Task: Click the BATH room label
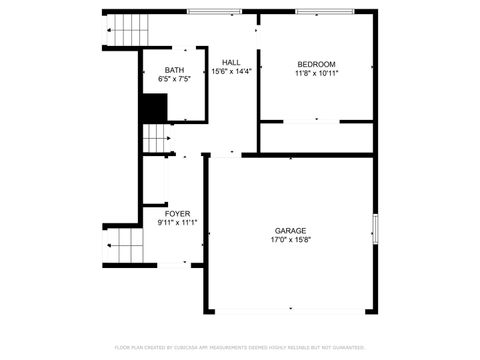pyautogui.click(x=174, y=70)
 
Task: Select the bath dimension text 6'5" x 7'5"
pyautogui.click(x=174, y=80)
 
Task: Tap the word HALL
pyautogui.click(x=231, y=62)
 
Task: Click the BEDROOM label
pyautogui.click(x=316, y=63)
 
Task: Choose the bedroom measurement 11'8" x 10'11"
pyautogui.click(x=316, y=73)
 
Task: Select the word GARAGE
pyautogui.click(x=291, y=230)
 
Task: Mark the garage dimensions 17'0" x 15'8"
pyautogui.click(x=291, y=240)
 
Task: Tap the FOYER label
pyautogui.click(x=177, y=213)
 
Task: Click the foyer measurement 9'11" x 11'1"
pyautogui.click(x=177, y=223)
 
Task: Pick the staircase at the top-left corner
pyautogui.click(x=128, y=29)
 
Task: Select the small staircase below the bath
pyautogui.click(x=155, y=139)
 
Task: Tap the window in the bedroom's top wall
pyautogui.click(x=324, y=11)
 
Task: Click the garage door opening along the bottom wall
pyautogui.click(x=290, y=311)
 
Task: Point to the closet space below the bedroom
pyautogui.click(x=316, y=138)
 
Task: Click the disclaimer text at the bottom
pyautogui.click(x=240, y=347)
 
